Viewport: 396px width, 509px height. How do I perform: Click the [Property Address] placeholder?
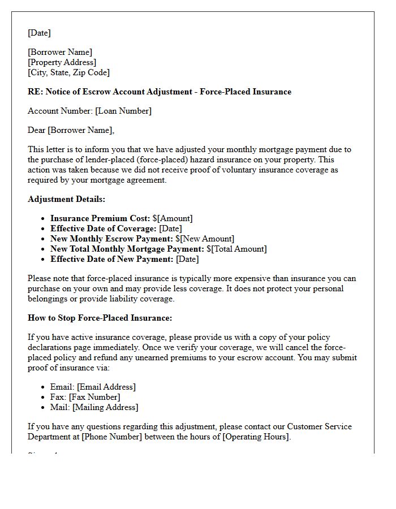pyautogui.click(x=62, y=62)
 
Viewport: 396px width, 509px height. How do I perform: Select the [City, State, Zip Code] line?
pyautogui.click(x=69, y=72)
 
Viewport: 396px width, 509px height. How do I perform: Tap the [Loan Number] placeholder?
pyautogui.click(x=123, y=111)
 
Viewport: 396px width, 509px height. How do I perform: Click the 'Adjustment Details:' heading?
pyautogui.click(x=66, y=199)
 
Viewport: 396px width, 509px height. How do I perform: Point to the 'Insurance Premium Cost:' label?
pyautogui.click(x=100, y=218)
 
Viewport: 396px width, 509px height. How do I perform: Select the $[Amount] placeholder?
pyautogui.click(x=173, y=218)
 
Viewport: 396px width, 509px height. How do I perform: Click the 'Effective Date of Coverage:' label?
pyautogui.click(x=104, y=228)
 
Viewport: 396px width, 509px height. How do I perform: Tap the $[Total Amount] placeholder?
pyautogui.click(x=236, y=249)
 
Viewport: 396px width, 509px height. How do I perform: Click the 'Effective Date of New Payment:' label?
pyautogui.click(x=112, y=259)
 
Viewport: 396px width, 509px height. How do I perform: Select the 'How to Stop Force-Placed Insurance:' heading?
pyautogui.click(x=100, y=318)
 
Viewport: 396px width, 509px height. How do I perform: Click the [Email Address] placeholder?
pyautogui.click(x=106, y=387)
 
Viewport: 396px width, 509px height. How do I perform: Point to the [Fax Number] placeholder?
pyautogui.click(x=94, y=397)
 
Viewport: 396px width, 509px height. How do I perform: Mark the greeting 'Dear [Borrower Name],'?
pyautogui.click(x=71, y=131)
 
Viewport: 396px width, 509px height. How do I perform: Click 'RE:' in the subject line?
pyautogui.click(x=35, y=92)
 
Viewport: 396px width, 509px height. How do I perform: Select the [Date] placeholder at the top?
pyautogui.click(x=39, y=33)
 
